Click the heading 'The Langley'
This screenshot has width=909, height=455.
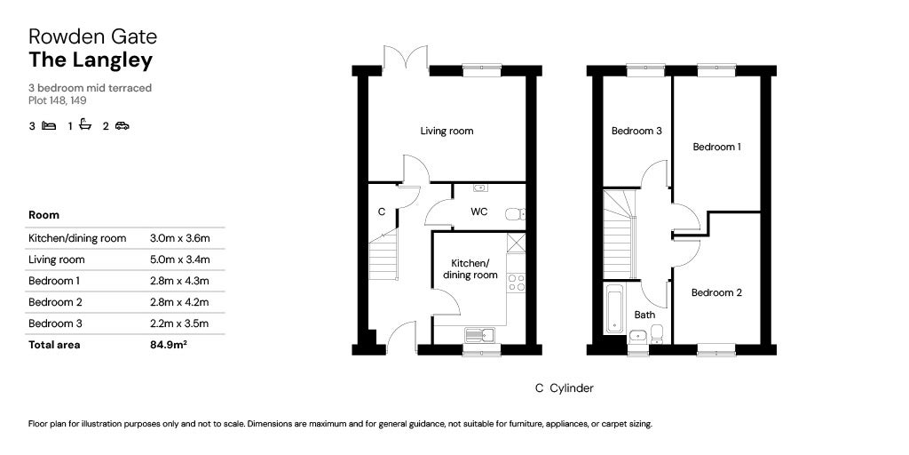[91, 60]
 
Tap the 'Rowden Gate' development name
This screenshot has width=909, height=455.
[92, 36]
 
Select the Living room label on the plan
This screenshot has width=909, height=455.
[447, 131]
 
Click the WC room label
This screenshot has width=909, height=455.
[478, 212]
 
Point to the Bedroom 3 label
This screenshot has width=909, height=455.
[636, 131]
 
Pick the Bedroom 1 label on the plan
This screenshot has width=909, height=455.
[716, 147]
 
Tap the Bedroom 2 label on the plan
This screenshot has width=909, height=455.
[716, 292]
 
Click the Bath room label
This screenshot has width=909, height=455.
[644, 315]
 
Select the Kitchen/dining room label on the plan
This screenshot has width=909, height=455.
[470, 269]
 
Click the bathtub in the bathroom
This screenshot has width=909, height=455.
[614, 308]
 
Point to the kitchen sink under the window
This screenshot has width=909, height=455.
[479, 335]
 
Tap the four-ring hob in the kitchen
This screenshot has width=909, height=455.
[516, 282]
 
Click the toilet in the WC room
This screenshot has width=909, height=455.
[515, 214]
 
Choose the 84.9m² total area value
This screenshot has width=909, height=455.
[169, 345]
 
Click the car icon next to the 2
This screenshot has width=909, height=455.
[122, 126]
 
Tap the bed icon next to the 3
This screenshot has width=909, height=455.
[49, 126]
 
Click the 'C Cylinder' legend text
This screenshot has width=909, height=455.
[564, 388]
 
